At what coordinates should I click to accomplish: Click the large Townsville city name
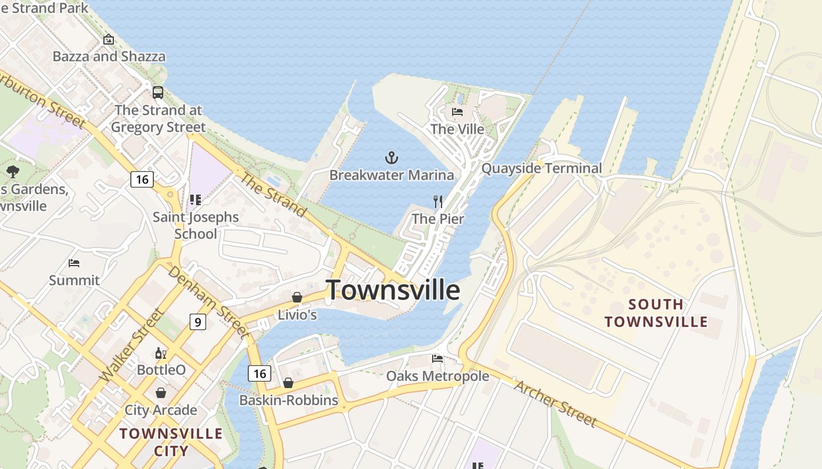coord(393,290)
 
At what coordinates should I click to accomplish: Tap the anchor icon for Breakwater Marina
coord(391,157)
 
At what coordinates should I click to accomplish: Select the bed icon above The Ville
coord(457,112)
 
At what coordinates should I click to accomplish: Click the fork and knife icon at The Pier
coord(438,202)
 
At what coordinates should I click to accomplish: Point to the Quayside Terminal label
coord(541,169)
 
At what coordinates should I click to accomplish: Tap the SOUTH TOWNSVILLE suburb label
coord(656,313)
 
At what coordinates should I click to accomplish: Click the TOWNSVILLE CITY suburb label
coord(171,442)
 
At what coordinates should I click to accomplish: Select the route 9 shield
coord(198,321)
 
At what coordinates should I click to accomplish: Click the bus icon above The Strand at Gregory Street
coord(158,93)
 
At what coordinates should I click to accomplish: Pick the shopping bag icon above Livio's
coord(297,298)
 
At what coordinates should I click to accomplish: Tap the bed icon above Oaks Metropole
coord(437,358)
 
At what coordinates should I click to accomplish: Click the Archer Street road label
coord(555,403)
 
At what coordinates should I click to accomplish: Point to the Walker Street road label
coord(133,345)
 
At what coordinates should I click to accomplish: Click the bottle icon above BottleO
coord(160,353)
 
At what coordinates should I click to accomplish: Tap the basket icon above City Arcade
coord(160,393)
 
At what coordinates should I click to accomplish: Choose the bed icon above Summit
coord(74,263)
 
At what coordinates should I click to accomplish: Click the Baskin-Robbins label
coord(288,400)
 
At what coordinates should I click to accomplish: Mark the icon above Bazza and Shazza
coord(109,40)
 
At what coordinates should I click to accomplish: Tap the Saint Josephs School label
coord(196,225)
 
